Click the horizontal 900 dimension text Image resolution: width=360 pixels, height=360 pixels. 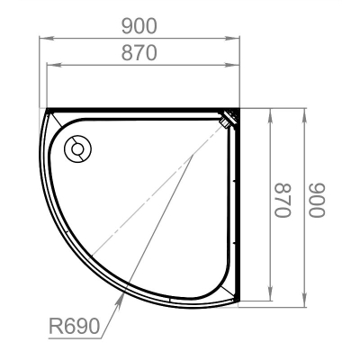(x=139, y=26)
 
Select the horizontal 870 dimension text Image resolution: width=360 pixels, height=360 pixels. (x=139, y=53)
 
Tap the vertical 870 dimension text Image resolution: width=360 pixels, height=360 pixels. (x=283, y=200)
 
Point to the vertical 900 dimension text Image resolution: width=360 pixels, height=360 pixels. (x=318, y=200)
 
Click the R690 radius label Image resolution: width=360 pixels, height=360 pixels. (x=74, y=327)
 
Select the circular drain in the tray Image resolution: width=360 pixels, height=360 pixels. (x=77, y=149)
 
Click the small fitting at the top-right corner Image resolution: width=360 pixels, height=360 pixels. (x=229, y=119)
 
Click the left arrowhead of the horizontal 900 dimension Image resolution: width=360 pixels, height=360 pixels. (x=47, y=39)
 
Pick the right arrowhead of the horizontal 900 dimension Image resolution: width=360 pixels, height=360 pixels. (x=232, y=39)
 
